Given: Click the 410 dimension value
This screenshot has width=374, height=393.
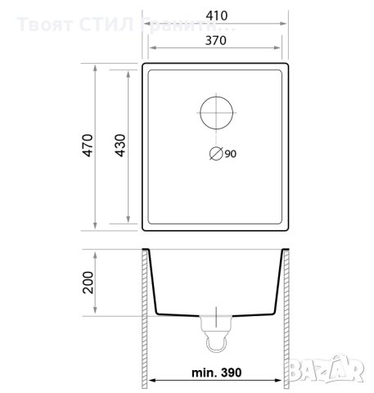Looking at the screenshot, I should coord(217,14).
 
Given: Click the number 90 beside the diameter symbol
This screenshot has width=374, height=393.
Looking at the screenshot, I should coord(229,153).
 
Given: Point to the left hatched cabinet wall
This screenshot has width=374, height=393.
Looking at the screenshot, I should coord(143,319).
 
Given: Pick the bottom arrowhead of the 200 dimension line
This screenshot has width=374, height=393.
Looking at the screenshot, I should coord(98,314).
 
